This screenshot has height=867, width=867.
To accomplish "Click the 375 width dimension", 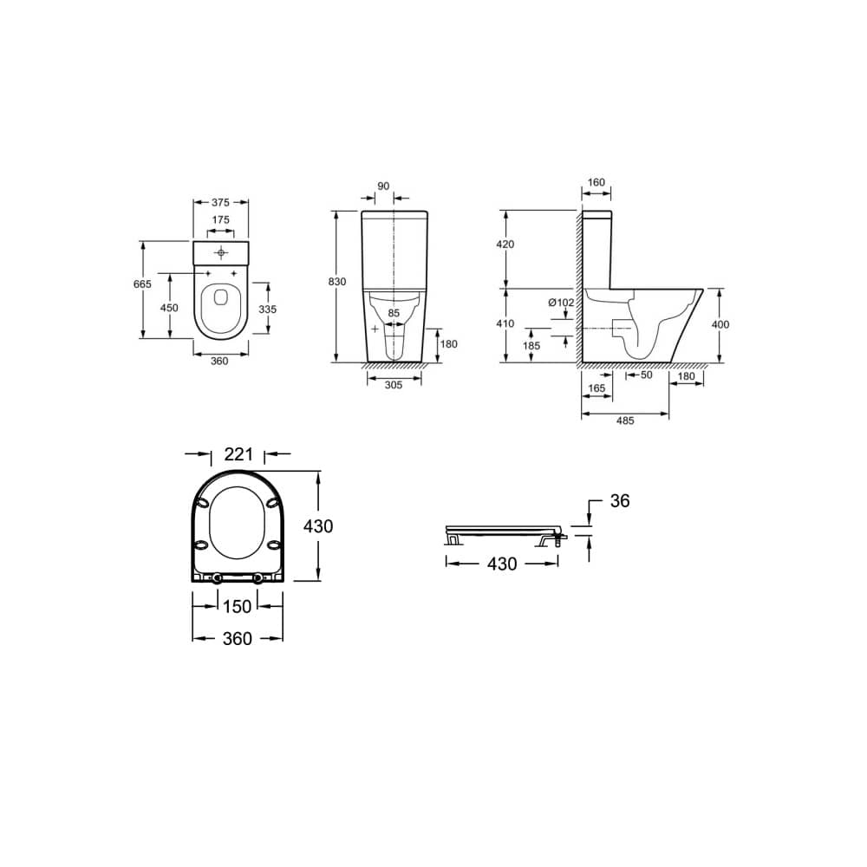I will pyautogui.click(x=219, y=201).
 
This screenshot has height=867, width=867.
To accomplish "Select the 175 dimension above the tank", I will pyautogui.click(x=220, y=220).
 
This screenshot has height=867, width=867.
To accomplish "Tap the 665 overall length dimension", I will pyautogui.click(x=143, y=284).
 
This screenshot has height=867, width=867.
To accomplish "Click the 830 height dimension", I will pyautogui.click(x=337, y=282).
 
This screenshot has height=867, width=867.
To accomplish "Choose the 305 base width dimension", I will pyautogui.click(x=393, y=386).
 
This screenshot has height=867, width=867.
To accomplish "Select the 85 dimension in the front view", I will pyautogui.click(x=394, y=313).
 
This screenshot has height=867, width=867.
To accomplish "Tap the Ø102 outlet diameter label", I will pyautogui.click(x=561, y=303).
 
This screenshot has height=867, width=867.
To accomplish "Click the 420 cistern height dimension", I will pyautogui.click(x=505, y=244).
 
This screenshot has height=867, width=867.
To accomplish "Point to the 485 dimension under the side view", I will pyautogui.click(x=624, y=420).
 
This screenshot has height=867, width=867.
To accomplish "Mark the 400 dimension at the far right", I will pyautogui.click(x=720, y=323).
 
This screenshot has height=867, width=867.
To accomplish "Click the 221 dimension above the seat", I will pyautogui.click(x=237, y=453).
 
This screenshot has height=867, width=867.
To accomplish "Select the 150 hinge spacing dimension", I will pyautogui.click(x=237, y=605).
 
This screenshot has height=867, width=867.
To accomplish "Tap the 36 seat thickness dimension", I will pyautogui.click(x=619, y=501).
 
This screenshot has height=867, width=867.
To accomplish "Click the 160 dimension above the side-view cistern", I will pyautogui.click(x=595, y=184).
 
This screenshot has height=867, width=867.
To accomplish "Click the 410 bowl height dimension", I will pyautogui.click(x=505, y=323).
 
